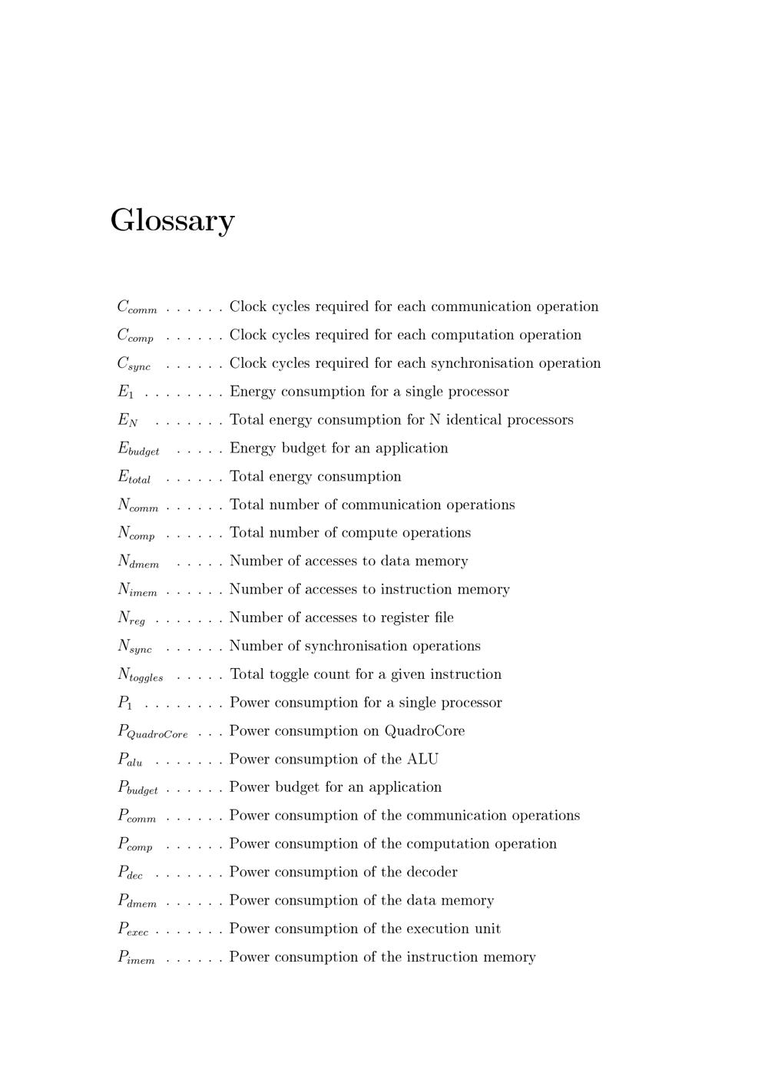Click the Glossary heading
(172, 221)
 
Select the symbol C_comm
(137, 307)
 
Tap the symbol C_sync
(134, 364)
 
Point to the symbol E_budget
(138, 449)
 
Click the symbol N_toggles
(140, 675)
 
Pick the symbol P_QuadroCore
(152, 732)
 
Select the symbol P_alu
(130, 760)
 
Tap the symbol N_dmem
(138, 562)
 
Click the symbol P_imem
(136, 958)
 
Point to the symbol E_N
(127, 420)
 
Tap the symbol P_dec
(130, 872)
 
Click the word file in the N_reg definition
(443, 617)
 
